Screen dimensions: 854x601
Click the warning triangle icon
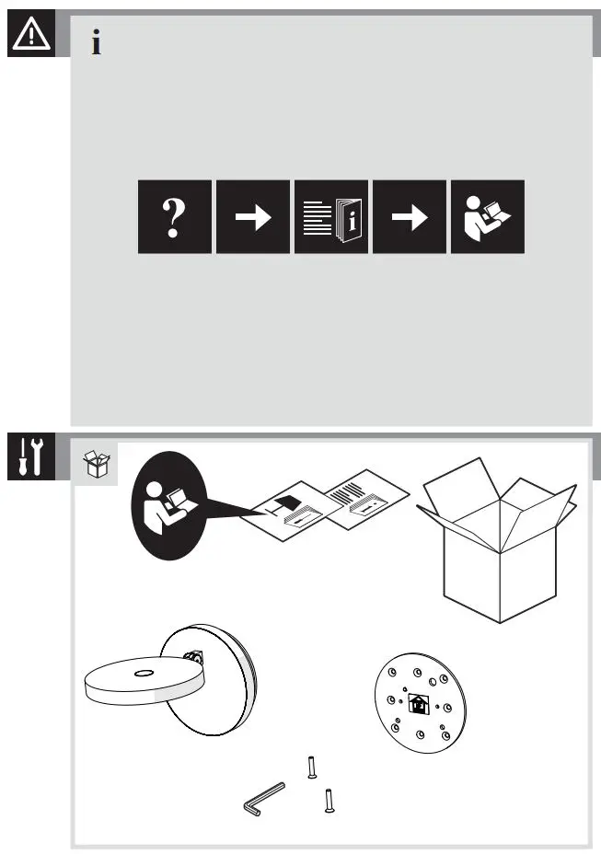pos(30,34)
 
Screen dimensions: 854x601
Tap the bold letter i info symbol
pos(97,42)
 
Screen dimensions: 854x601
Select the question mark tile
pos(174,217)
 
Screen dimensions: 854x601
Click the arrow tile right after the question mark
pos(252,217)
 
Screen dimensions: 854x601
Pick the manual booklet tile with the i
pos(330,217)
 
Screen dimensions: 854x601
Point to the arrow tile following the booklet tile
pos(409,217)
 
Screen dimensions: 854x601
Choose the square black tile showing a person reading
pos(487,217)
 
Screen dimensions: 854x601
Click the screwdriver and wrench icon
pos(30,456)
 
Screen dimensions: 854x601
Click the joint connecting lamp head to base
pos(194,658)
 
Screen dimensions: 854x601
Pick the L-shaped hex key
pos(263,798)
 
